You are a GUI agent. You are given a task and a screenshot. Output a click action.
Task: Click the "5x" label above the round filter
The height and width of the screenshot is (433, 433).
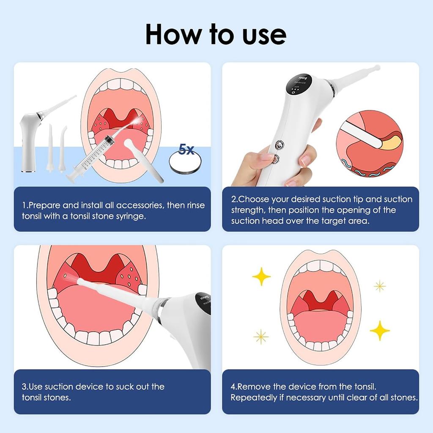[x=186, y=149]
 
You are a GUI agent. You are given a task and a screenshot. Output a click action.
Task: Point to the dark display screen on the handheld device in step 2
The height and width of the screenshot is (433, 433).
[x=298, y=84]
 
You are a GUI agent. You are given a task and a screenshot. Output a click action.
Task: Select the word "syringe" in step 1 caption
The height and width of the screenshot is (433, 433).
[x=130, y=216]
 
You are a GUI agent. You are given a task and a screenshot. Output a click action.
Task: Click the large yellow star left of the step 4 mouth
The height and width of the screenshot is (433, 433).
[x=261, y=276]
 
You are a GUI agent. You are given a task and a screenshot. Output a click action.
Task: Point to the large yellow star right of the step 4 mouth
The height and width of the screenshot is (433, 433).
[x=380, y=331]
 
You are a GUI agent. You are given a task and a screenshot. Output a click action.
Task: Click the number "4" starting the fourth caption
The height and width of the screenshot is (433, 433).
[x=233, y=386]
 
